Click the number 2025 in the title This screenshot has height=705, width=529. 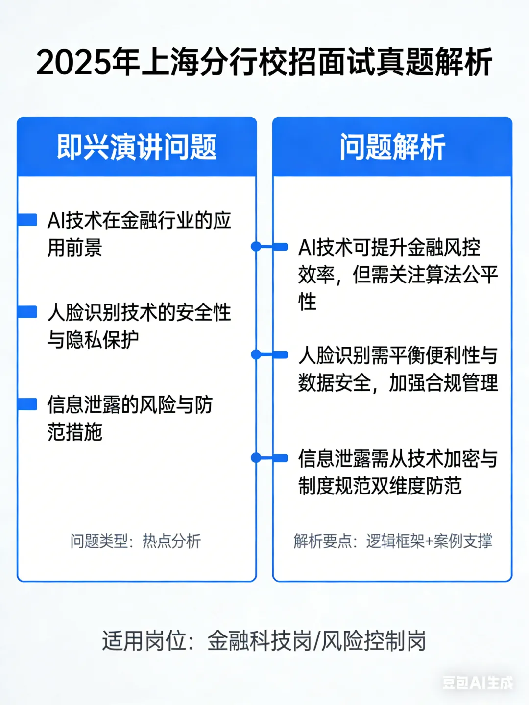pos(73,63)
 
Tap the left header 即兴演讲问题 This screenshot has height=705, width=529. pos(137,147)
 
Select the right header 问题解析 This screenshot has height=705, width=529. pos(392,147)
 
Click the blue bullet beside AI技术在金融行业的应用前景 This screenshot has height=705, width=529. pos(28,220)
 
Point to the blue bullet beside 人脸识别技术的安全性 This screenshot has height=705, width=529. pos(28,312)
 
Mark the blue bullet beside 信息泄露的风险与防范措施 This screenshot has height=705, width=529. pos(28,404)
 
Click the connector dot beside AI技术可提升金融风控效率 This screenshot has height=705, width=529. pos(256,247)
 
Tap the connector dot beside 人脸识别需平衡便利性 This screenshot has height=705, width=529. pos(256,354)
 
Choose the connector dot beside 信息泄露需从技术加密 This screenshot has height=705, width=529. pos(256,458)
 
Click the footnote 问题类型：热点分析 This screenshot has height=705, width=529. pos(136,541)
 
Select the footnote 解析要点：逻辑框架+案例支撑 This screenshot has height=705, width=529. pos(393,541)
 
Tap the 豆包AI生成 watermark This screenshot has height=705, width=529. pos(478,682)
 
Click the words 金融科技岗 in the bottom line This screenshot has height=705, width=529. pos(260,641)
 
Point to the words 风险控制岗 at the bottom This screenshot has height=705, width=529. pos(373,641)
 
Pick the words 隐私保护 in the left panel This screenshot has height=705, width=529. pos(102,339)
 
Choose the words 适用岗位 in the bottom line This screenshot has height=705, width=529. pos(144,641)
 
